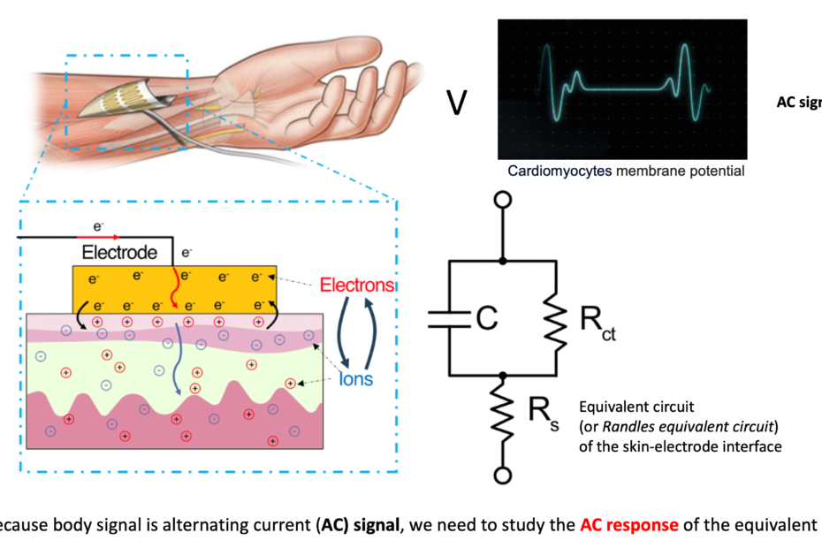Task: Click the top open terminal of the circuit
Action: pyautogui.click(x=503, y=201)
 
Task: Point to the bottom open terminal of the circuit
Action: pyautogui.click(x=503, y=476)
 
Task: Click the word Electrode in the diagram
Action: pyautogui.click(x=119, y=253)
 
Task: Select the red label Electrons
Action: pyautogui.click(x=356, y=285)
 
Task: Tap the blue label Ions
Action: pyautogui.click(x=357, y=380)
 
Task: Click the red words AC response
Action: pyautogui.click(x=628, y=524)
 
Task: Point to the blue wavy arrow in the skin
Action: pyautogui.click(x=176, y=357)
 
